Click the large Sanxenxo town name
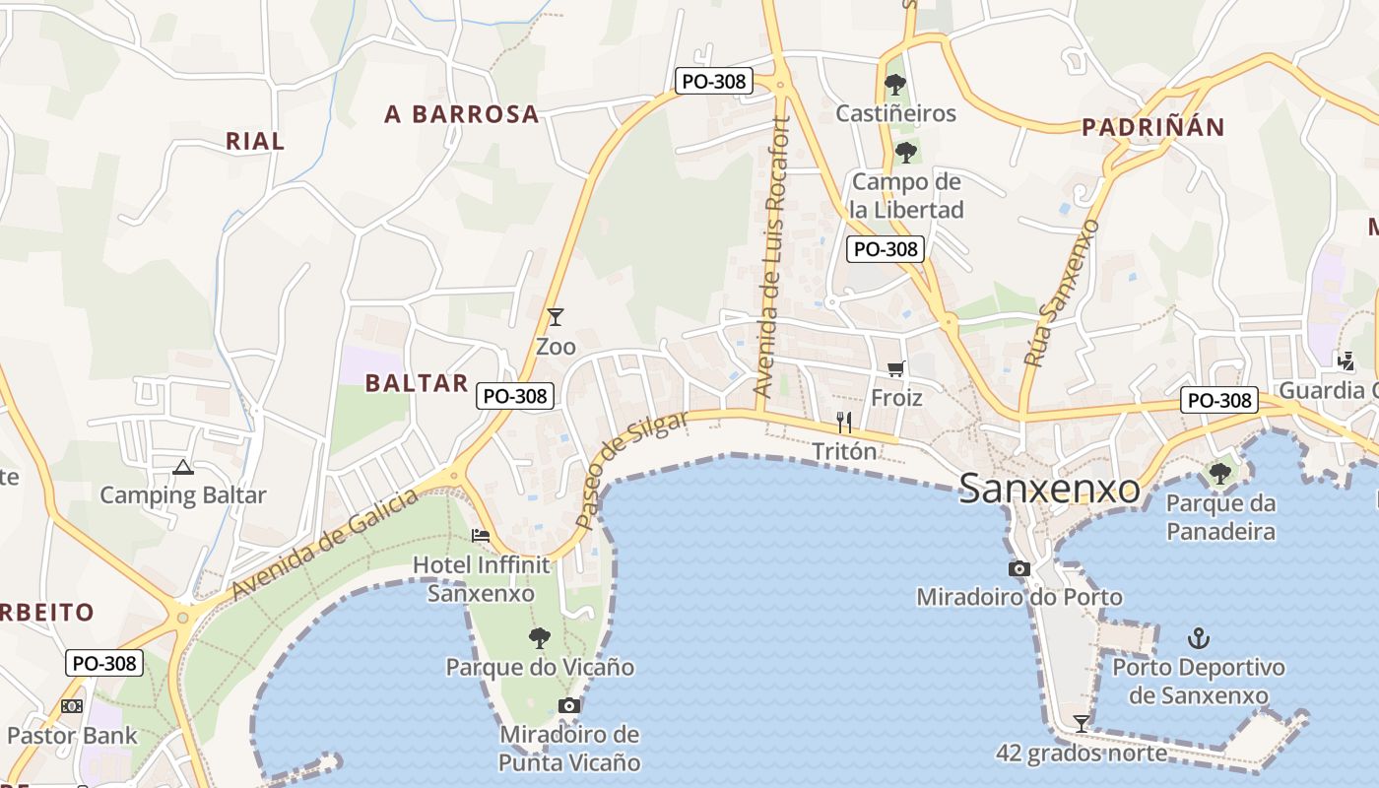[1049, 489]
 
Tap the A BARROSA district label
[462, 114]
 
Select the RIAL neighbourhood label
[255, 141]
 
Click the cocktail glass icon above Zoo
[556, 317]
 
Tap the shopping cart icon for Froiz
[895, 368]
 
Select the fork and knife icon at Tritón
[844, 423]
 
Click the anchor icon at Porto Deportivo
[1199, 638]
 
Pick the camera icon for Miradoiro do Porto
[1019, 568]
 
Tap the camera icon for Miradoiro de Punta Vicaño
[568, 705]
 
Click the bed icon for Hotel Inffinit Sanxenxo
[481, 536]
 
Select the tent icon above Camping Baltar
[182, 466]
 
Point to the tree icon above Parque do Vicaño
[539, 638]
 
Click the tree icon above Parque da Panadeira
[1219, 474]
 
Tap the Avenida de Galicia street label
[325, 545]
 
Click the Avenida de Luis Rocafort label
[771, 258]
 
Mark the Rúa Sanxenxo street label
[1061, 295]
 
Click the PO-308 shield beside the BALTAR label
[515, 396]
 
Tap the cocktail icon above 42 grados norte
[1082, 724]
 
